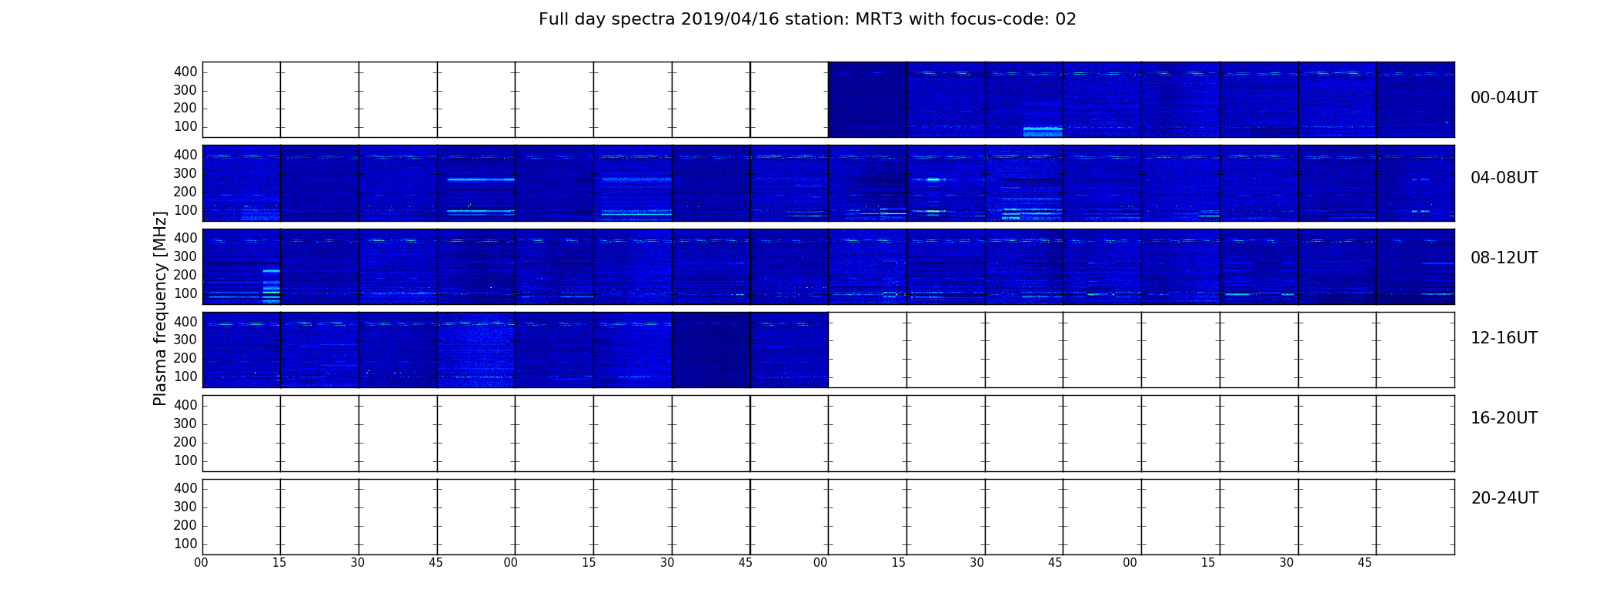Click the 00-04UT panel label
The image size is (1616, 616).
[x=1504, y=98]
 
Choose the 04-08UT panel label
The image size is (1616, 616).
[x=1504, y=178]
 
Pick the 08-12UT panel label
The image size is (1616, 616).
[x=1504, y=258]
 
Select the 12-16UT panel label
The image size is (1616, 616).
[x=1504, y=338]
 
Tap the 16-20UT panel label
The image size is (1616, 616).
[x=1504, y=418]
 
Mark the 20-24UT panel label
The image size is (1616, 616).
[x=1504, y=498]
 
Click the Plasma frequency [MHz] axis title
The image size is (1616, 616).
[x=160, y=308]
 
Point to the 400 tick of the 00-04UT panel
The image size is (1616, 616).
[x=185, y=72]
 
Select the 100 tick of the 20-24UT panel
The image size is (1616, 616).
[x=185, y=544]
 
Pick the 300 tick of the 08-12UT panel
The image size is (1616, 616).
[x=185, y=257]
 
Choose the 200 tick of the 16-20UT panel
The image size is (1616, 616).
[x=185, y=442]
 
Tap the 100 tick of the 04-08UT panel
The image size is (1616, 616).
[x=185, y=210]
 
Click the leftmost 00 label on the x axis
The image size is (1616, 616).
[x=201, y=563]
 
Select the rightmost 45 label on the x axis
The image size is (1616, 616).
[x=1364, y=563]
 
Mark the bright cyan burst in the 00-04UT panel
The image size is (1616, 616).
[x=1043, y=132]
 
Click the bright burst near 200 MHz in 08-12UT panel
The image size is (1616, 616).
[x=271, y=271]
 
